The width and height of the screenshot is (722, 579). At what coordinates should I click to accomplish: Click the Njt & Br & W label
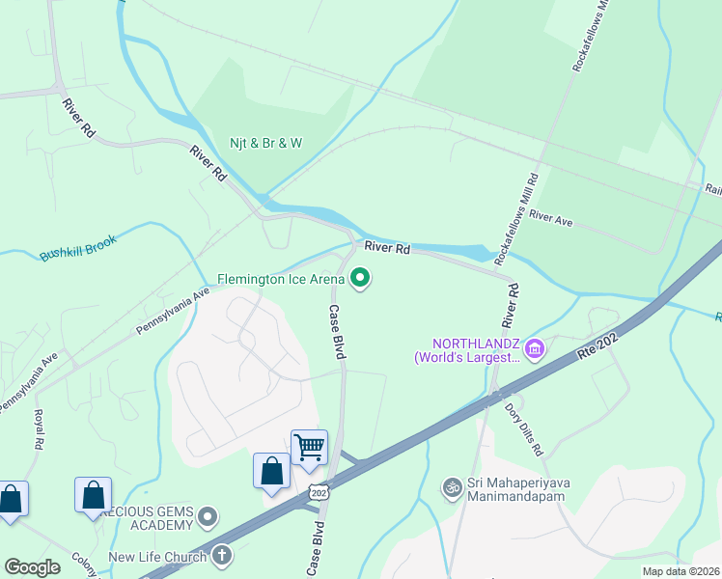coord(265,143)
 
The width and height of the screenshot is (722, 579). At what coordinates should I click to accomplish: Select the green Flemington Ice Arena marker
coord(361,280)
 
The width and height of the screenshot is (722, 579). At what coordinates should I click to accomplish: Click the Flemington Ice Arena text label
coord(280,280)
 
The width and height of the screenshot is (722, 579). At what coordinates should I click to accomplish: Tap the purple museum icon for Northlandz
coord(535,345)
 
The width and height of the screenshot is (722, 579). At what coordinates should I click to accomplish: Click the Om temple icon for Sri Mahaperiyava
coord(450,487)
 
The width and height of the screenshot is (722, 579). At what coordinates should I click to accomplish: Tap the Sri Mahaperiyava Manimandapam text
coord(522,495)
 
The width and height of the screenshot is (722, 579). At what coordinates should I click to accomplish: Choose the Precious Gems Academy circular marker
coord(208,519)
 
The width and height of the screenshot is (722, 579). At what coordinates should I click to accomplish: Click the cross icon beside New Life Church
coord(222,556)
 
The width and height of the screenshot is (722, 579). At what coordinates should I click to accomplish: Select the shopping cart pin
coord(309,447)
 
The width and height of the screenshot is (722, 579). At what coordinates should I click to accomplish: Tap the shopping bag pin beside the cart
coord(271,471)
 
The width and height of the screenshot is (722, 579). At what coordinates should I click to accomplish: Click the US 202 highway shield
coord(318,492)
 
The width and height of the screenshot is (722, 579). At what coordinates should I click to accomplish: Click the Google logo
coord(32,567)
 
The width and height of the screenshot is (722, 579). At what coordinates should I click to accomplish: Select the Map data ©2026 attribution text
coord(680,571)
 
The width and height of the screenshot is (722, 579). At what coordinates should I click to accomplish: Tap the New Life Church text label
coord(157,557)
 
